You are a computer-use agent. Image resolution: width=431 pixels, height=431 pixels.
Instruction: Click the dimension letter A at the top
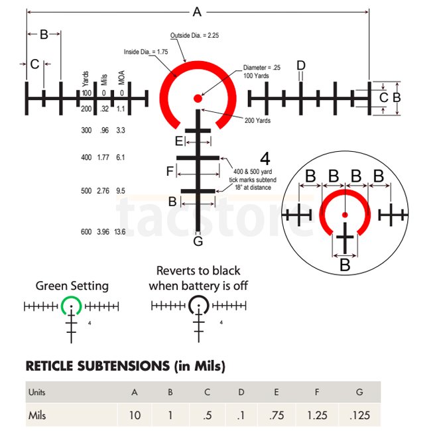click(x=196, y=11)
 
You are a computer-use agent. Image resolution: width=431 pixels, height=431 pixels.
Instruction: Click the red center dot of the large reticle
click(x=197, y=98)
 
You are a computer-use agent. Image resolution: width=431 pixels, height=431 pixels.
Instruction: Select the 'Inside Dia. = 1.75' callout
click(x=146, y=51)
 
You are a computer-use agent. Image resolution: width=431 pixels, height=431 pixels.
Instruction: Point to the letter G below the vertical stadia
click(x=198, y=241)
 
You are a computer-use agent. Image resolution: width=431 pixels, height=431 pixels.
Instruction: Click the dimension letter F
click(x=170, y=172)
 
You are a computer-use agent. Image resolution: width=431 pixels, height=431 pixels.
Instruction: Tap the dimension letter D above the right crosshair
click(x=301, y=65)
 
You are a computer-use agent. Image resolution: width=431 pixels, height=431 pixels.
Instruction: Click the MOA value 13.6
click(x=119, y=232)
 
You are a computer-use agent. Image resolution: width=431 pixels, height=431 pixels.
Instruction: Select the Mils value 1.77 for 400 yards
click(x=103, y=158)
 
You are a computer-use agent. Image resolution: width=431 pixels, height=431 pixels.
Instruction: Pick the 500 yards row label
click(x=86, y=191)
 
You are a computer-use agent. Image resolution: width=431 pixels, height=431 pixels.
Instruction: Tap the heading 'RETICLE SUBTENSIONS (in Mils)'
click(x=125, y=366)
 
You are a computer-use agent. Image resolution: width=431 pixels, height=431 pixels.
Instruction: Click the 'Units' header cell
click(x=37, y=392)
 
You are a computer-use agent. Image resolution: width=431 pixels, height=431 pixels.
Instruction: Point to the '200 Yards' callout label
click(x=257, y=121)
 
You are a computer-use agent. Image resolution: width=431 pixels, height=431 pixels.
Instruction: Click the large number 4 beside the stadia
click(x=265, y=159)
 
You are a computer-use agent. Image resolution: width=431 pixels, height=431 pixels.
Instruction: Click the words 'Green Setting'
click(x=72, y=286)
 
